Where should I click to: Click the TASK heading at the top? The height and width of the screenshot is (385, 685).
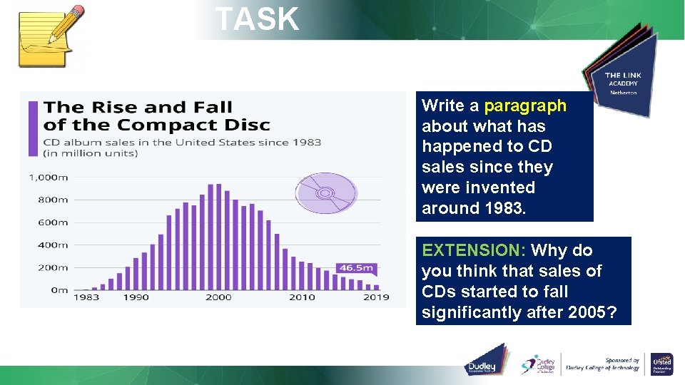point(257,19)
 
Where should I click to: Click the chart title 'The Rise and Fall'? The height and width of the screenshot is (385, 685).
point(138,108)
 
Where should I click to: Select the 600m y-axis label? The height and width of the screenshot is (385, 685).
point(53,222)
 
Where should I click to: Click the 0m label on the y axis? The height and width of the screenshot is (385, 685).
point(59,290)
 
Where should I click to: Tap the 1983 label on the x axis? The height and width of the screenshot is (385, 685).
point(86,297)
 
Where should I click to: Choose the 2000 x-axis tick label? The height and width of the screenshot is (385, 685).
point(218,297)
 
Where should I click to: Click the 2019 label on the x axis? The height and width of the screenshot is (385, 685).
point(376,297)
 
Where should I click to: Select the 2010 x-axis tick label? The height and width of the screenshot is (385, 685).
point(301,297)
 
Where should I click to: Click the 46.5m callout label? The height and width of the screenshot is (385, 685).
point(356,268)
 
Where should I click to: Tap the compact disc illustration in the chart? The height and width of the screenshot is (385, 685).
point(325,193)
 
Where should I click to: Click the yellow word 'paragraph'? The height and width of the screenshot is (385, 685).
point(525,106)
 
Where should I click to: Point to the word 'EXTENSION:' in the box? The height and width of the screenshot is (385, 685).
point(474,250)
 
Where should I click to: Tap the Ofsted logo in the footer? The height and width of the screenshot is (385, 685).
point(661,363)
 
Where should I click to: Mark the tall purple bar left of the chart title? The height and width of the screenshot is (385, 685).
point(33,128)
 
